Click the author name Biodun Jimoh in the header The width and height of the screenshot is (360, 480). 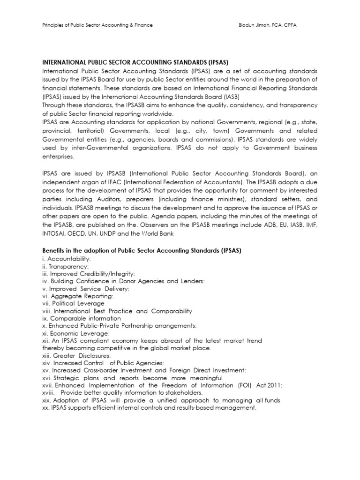pyautogui.click(x=260, y=25)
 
